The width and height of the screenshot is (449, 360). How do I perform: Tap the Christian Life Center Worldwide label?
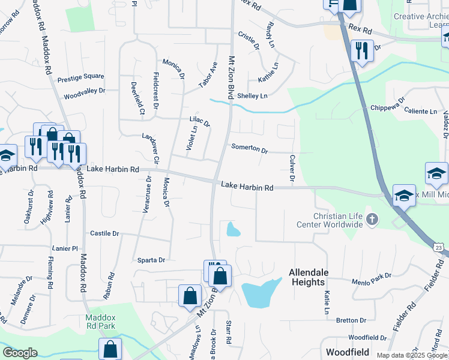click(330, 220)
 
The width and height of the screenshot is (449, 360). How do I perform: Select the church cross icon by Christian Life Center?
click(372, 219)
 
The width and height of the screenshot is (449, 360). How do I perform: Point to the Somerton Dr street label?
click(249, 148)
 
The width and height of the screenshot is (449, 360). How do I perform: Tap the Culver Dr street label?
click(292, 168)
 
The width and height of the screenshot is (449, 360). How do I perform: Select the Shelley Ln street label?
click(252, 96)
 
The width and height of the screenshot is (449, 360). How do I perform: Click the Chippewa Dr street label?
click(388, 104)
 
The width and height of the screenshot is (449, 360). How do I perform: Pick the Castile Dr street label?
click(104, 233)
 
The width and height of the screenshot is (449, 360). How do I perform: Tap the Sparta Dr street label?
click(152, 260)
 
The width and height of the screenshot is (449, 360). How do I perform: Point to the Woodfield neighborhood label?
click(348, 352)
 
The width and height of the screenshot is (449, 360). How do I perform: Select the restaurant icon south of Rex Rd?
click(361, 50)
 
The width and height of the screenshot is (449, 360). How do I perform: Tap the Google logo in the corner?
click(20, 353)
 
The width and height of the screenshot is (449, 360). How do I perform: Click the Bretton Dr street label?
click(347, 320)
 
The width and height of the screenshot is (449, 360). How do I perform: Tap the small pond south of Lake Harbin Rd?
click(232, 229)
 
